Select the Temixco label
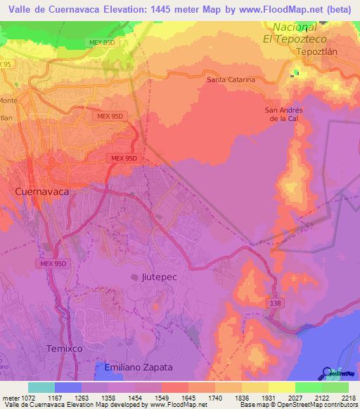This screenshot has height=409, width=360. pyautogui.click(x=65, y=349)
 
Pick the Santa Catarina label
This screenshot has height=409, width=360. pyautogui.click(x=231, y=80)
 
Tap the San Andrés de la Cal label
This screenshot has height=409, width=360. pyautogui.click(x=283, y=115)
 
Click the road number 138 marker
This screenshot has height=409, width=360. pyautogui.click(x=275, y=301)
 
